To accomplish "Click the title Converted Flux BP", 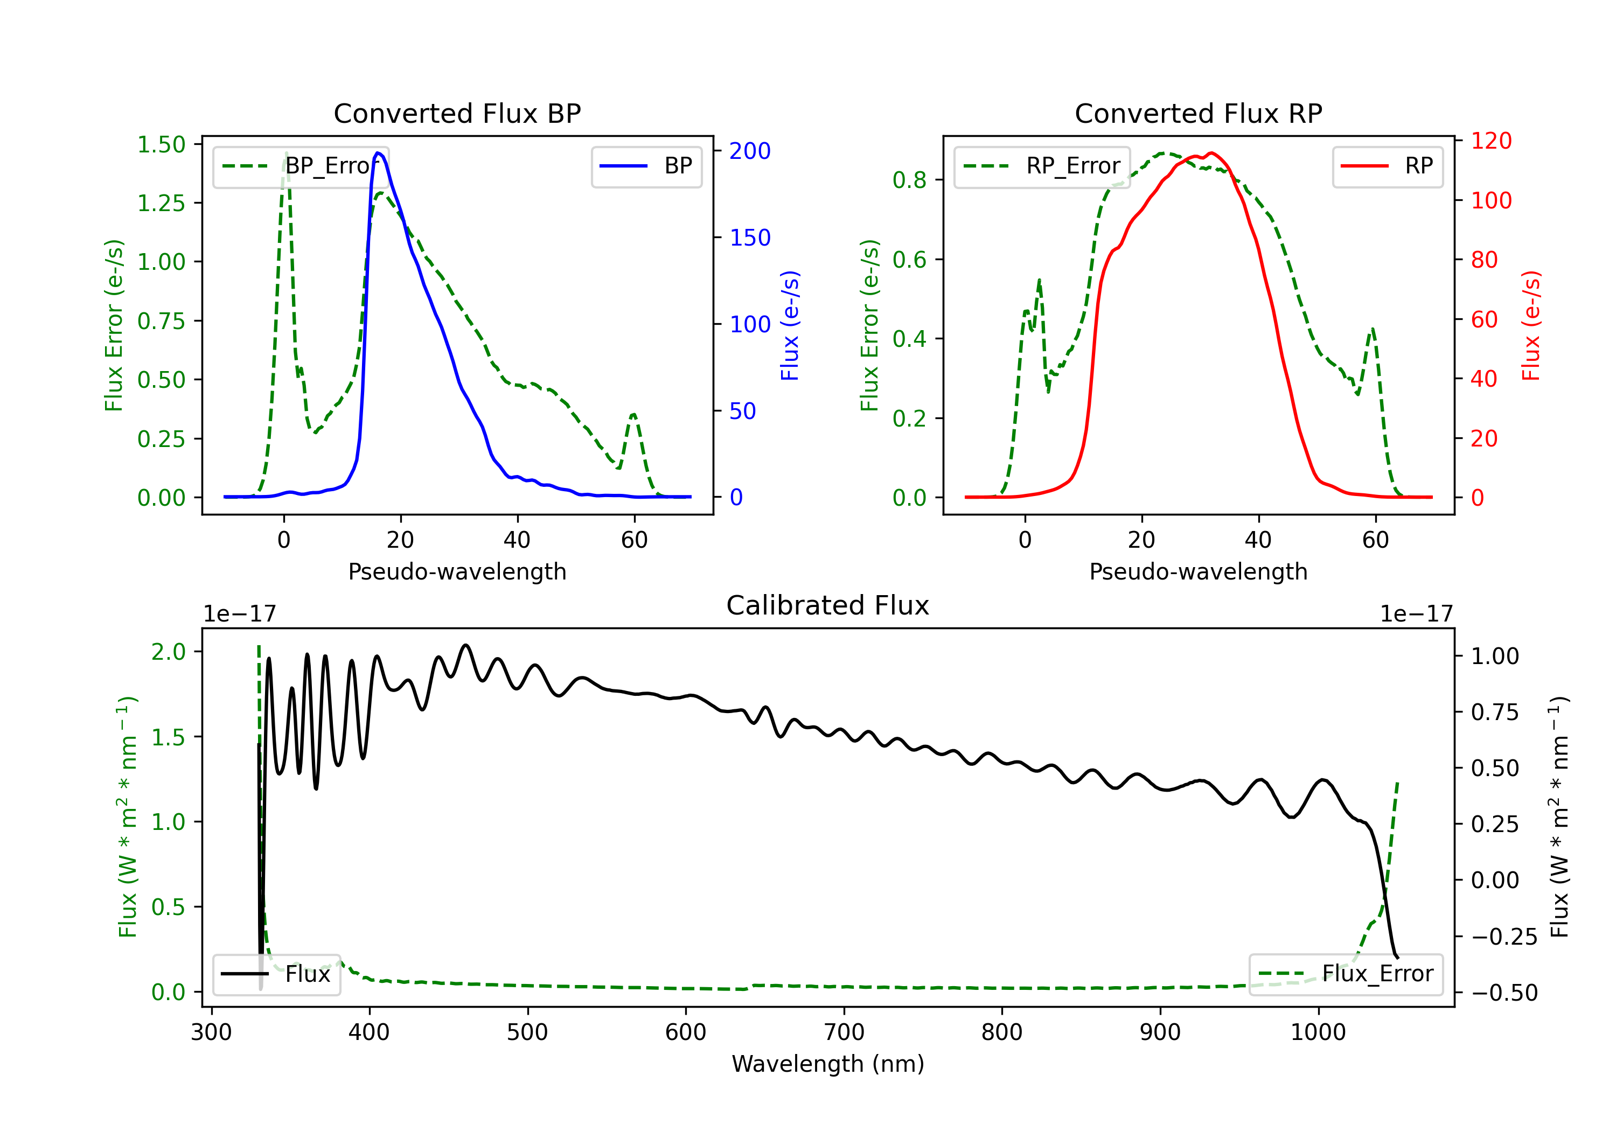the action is tap(457, 113).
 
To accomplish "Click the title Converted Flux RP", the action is tap(1199, 113).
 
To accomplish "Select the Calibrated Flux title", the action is tap(828, 605).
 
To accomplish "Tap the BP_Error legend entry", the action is tap(301, 166).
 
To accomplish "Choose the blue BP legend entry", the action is tap(646, 166).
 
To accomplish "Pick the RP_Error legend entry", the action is tap(1042, 166).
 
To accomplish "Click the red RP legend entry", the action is tap(1387, 166).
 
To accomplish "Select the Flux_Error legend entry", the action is tap(1346, 974).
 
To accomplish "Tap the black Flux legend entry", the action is tap(276, 974).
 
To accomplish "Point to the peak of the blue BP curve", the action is tap(379, 153).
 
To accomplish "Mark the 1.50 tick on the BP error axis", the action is tap(161, 144).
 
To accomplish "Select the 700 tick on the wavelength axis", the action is tap(844, 1032).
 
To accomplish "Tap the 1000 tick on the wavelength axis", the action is tap(1318, 1032).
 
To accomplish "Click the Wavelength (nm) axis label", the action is tap(828, 1064).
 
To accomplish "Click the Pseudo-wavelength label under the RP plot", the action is tap(1199, 572).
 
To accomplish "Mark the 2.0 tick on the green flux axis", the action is tap(168, 652).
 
